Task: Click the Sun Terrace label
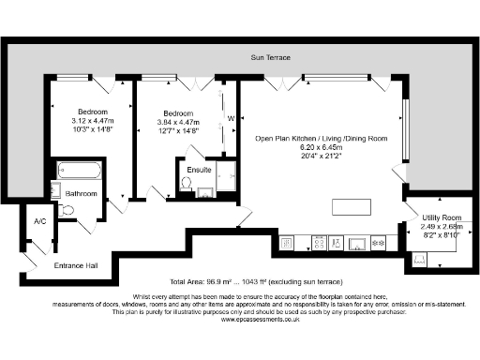[x=269, y=57]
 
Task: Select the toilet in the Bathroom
[x=64, y=211]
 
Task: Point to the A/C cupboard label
[x=39, y=221]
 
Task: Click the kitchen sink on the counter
[x=357, y=243]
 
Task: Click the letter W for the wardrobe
[x=229, y=118]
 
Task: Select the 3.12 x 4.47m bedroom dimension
[x=92, y=120]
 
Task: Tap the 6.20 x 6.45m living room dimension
[x=314, y=148]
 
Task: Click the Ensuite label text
[x=199, y=169]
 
